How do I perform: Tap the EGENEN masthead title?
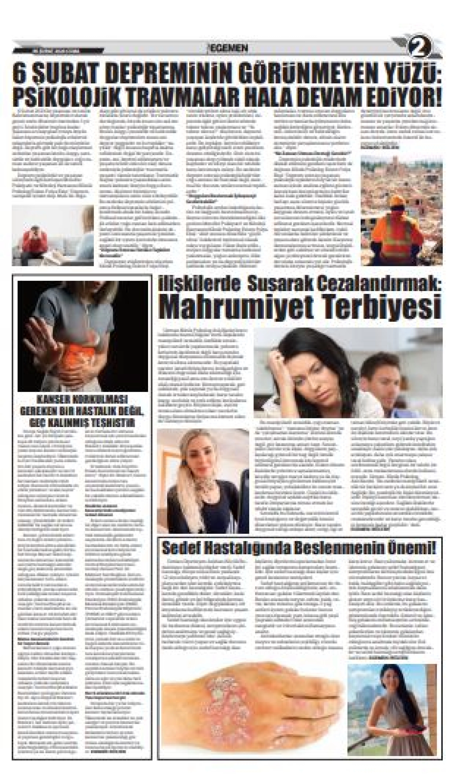pos(228,48)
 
